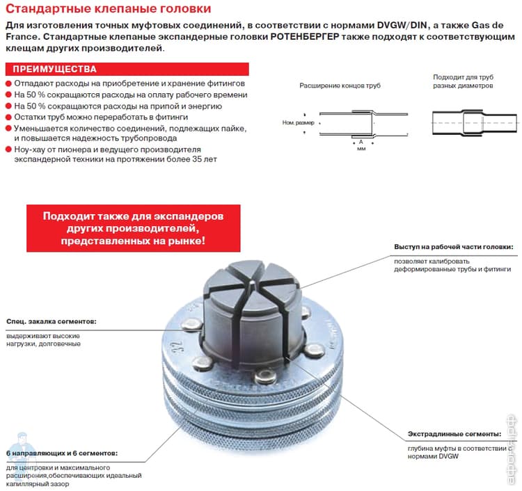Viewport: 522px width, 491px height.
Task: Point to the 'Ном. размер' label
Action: tap(298, 123)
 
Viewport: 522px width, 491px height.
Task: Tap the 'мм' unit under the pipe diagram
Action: tap(361, 148)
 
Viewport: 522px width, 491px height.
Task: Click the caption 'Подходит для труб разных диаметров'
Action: tap(462, 81)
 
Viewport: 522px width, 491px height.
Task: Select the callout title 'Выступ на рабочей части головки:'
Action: tap(453, 247)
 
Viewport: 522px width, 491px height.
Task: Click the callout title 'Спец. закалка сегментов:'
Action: tap(51, 322)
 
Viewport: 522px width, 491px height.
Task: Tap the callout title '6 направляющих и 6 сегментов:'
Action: tap(61, 453)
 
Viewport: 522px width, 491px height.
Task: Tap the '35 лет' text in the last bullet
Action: tap(203, 159)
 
